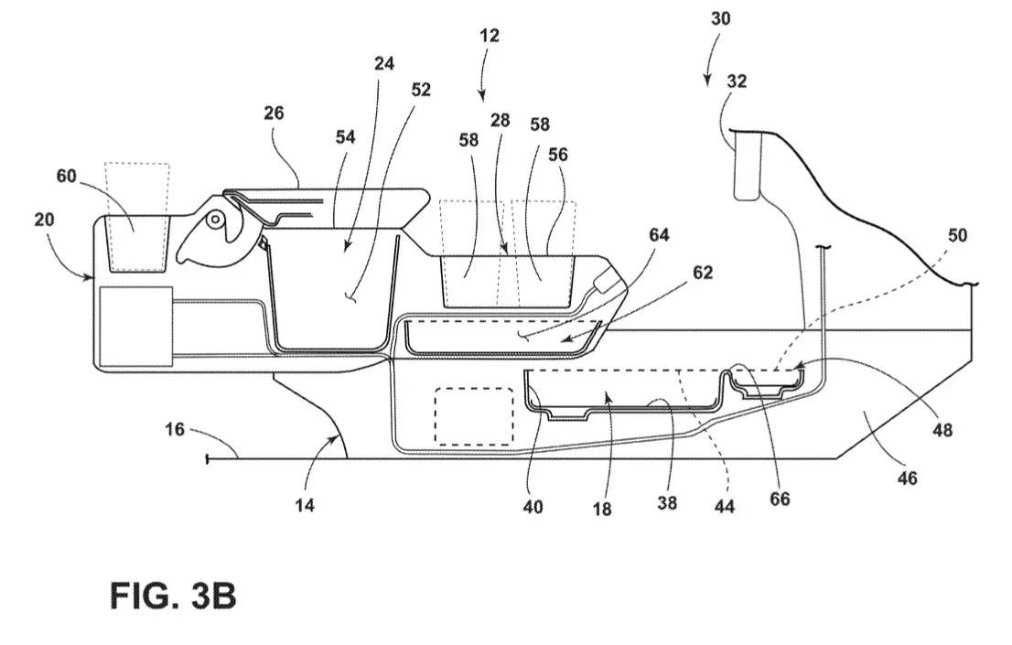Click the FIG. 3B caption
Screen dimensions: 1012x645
(173, 596)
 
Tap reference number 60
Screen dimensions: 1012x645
(67, 176)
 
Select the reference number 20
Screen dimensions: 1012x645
(44, 220)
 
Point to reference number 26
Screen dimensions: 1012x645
(274, 113)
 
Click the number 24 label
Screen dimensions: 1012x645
(384, 63)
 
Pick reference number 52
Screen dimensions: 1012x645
(421, 89)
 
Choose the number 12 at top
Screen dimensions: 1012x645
(490, 35)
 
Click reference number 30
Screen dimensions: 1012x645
(720, 18)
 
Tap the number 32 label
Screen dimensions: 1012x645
(737, 81)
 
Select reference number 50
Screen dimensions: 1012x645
(957, 235)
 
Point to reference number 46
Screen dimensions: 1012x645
(908, 478)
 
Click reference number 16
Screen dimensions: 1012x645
(174, 429)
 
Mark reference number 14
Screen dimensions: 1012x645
(305, 505)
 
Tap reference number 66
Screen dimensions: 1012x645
(780, 499)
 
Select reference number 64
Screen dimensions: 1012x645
(659, 235)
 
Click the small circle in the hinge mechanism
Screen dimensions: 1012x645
(215, 220)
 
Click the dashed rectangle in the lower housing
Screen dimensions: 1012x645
(474, 416)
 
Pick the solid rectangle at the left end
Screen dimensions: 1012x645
(136, 327)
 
